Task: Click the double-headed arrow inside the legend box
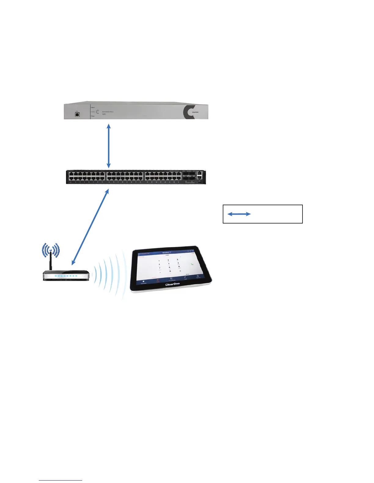tap(239, 214)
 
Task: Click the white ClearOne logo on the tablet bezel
tap(172, 284)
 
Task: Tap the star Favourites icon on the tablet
tap(144, 281)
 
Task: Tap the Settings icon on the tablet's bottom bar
tap(198, 276)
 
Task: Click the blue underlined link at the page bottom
tap(61, 481)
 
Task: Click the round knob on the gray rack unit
tap(98, 112)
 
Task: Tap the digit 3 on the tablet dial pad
tap(178, 259)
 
